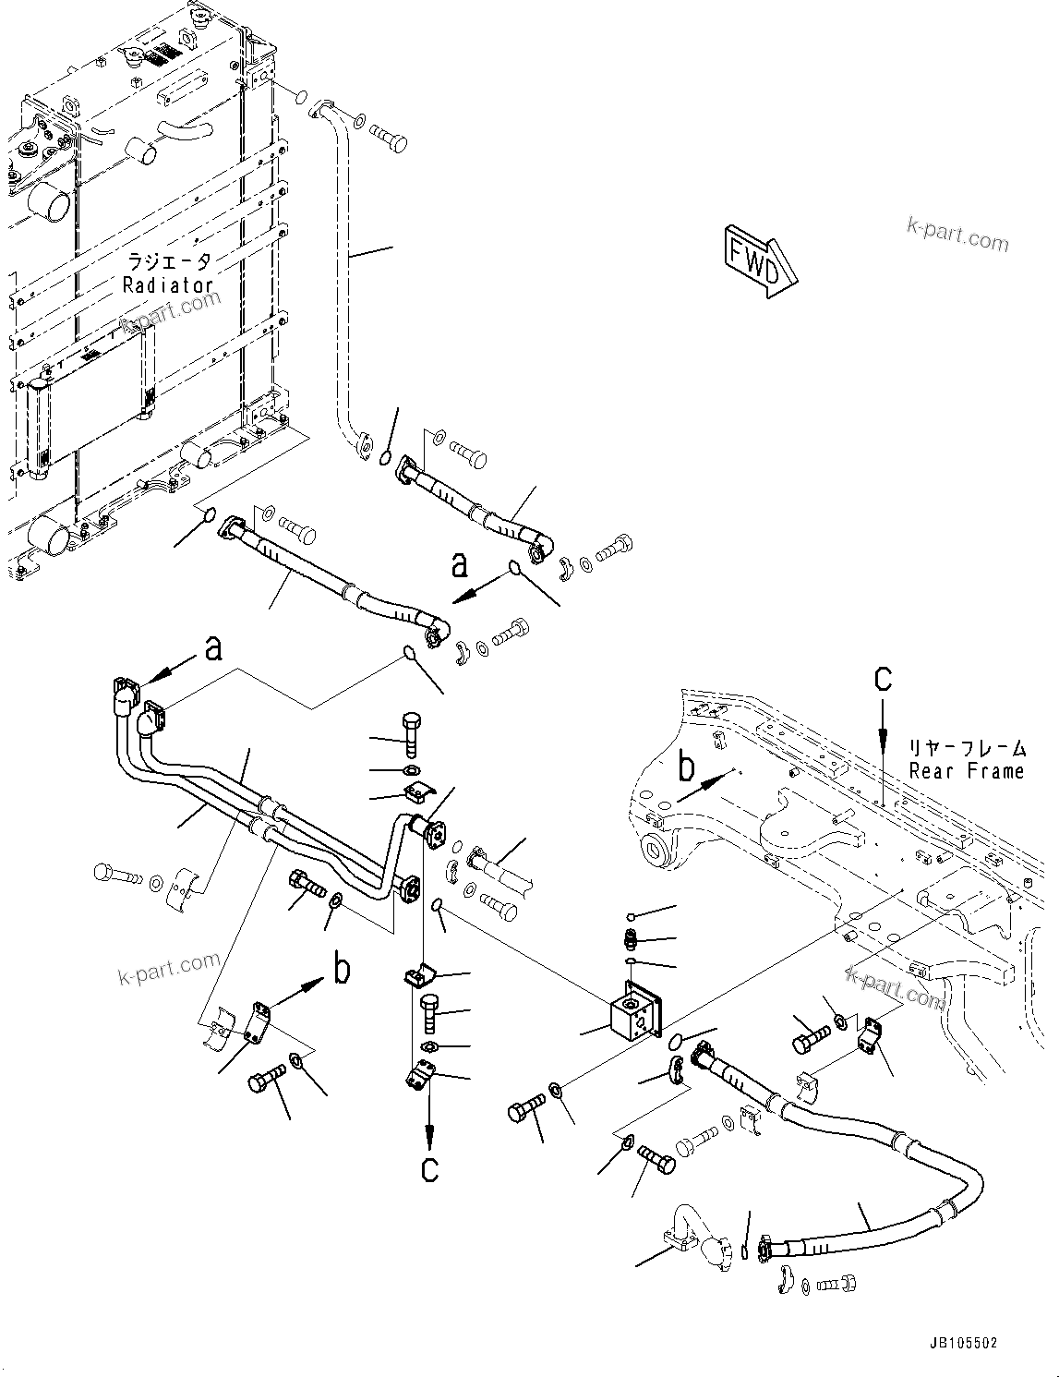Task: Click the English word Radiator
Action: click(x=169, y=285)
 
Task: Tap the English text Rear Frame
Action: click(x=966, y=770)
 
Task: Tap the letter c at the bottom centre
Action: click(x=429, y=1168)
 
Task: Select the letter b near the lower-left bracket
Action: click(x=342, y=969)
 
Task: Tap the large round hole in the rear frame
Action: click(x=657, y=846)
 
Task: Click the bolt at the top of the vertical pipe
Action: click(x=389, y=138)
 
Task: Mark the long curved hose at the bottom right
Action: click(x=886, y=1191)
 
